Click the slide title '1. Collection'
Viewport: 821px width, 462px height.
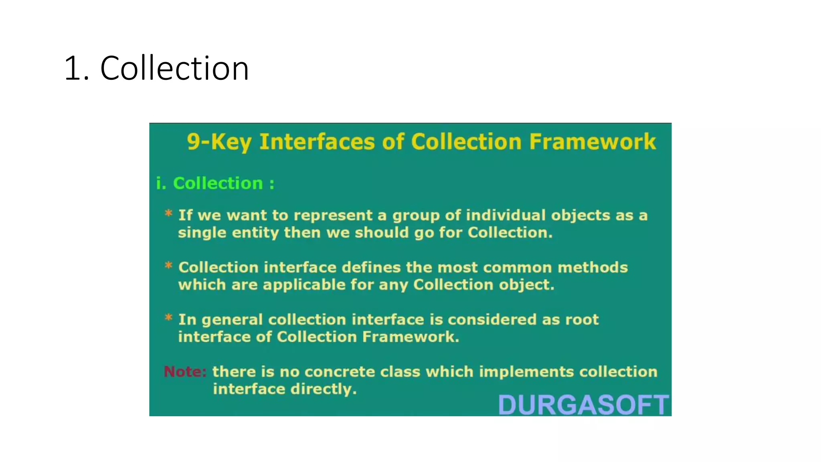pyautogui.click(x=156, y=68)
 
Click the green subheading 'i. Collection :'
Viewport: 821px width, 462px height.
pyautogui.click(x=215, y=184)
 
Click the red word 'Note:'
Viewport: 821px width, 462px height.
pyautogui.click(x=185, y=372)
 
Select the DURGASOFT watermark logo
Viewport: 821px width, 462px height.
pyautogui.click(x=583, y=405)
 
